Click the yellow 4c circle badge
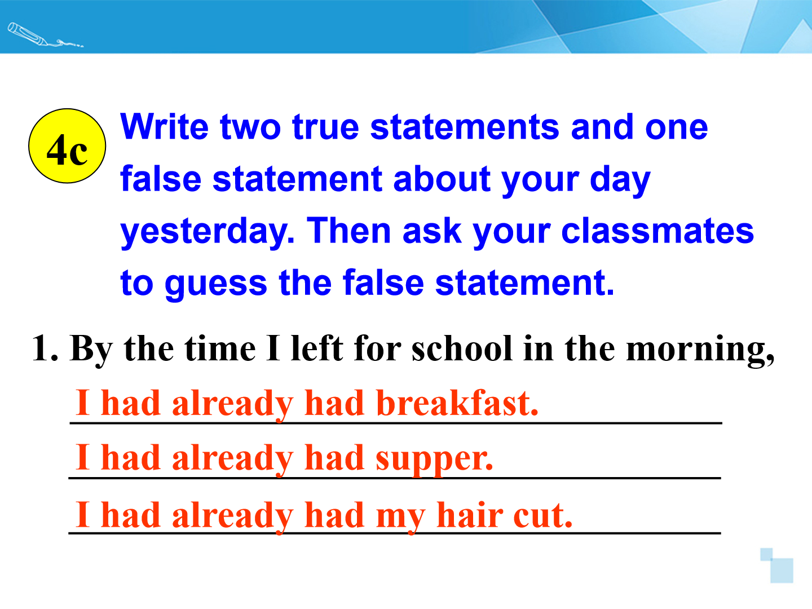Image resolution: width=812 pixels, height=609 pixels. [67, 145]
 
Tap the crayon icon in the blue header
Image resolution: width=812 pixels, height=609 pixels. [45, 35]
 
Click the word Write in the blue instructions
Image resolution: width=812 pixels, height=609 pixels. [165, 127]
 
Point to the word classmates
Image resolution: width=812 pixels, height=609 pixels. [657, 231]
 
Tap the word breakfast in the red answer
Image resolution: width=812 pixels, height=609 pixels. [457, 403]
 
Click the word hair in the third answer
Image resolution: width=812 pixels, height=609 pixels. [470, 514]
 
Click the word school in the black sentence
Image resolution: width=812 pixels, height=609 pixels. [462, 348]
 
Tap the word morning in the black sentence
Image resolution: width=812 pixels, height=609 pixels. [700, 351]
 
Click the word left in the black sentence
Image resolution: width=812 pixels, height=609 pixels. [317, 347]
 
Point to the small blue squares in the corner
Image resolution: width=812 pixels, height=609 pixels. [776, 566]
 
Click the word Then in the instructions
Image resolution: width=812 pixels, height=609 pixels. [349, 231]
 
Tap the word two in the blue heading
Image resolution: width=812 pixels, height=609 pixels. [250, 128]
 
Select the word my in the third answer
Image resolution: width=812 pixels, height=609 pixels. [400, 518]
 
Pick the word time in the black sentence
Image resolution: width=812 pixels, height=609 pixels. [220, 348]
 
